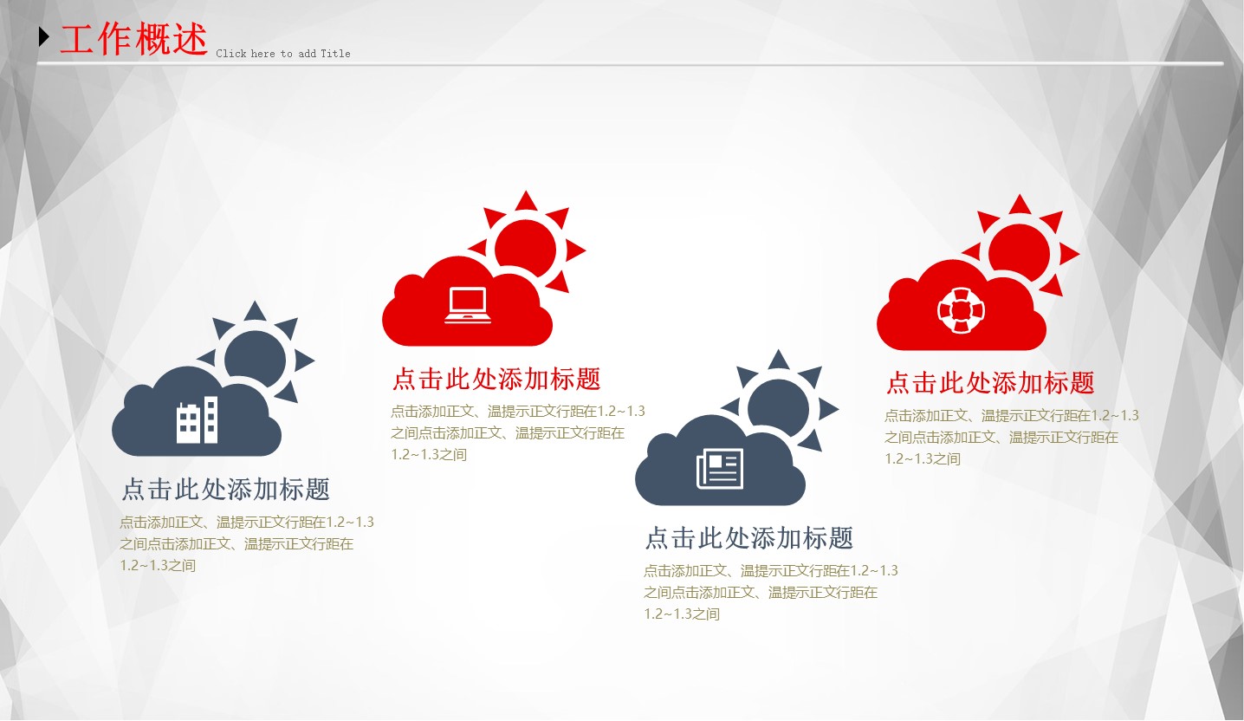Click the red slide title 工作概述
pyautogui.click(x=133, y=38)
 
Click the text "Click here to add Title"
pyautogui.click(x=283, y=54)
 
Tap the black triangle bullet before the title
pyautogui.click(x=44, y=36)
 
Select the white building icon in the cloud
pyautogui.click(x=198, y=419)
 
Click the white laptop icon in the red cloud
pyautogui.click(x=468, y=306)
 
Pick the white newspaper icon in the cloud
pyautogui.click(x=720, y=468)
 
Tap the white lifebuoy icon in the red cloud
pyautogui.click(x=961, y=310)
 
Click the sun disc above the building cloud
pyautogui.click(x=256, y=358)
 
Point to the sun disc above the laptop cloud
pyautogui.click(x=525, y=248)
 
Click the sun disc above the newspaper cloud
pyautogui.click(x=779, y=407)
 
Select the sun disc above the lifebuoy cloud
pyautogui.click(x=1020, y=253)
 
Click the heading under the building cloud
pyautogui.click(x=225, y=489)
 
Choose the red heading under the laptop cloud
pyautogui.click(x=496, y=379)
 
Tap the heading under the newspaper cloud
pyautogui.click(x=749, y=537)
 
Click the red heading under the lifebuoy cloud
pyautogui.click(x=990, y=383)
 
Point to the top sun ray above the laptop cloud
pyautogui.click(x=526, y=202)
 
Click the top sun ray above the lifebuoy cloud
pyautogui.click(x=1020, y=205)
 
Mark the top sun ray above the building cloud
pyautogui.click(x=255, y=312)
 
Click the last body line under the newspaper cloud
pyautogui.click(x=682, y=614)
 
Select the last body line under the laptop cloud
pyautogui.click(x=429, y=454)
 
